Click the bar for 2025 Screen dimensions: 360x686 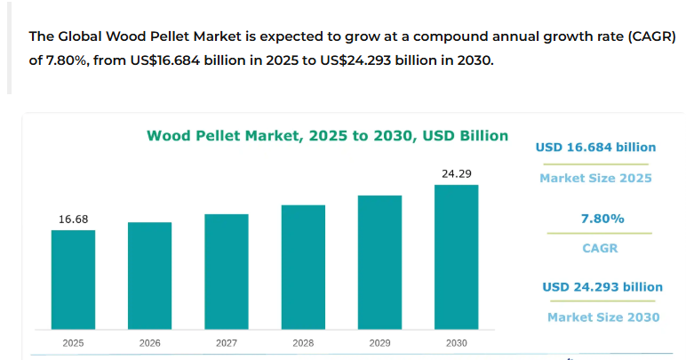point(73,278)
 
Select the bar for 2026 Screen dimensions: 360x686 point(149,275)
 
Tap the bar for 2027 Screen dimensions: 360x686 point(226,270)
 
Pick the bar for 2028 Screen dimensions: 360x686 point(303,266)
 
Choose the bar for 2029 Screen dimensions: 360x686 point(379,261)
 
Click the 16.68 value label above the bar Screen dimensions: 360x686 point(73,219)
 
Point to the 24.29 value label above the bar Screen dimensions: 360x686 point(456,173)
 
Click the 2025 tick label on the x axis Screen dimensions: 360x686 point(73,342)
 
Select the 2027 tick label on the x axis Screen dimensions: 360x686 point(226,342)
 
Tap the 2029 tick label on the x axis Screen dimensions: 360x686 point(379,342)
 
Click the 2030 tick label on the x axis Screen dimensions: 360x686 point(456,342)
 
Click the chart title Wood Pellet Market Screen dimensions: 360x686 point(327,136)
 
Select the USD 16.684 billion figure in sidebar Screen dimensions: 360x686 point(595,148)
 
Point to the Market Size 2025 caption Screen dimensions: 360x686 point(595,178)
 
